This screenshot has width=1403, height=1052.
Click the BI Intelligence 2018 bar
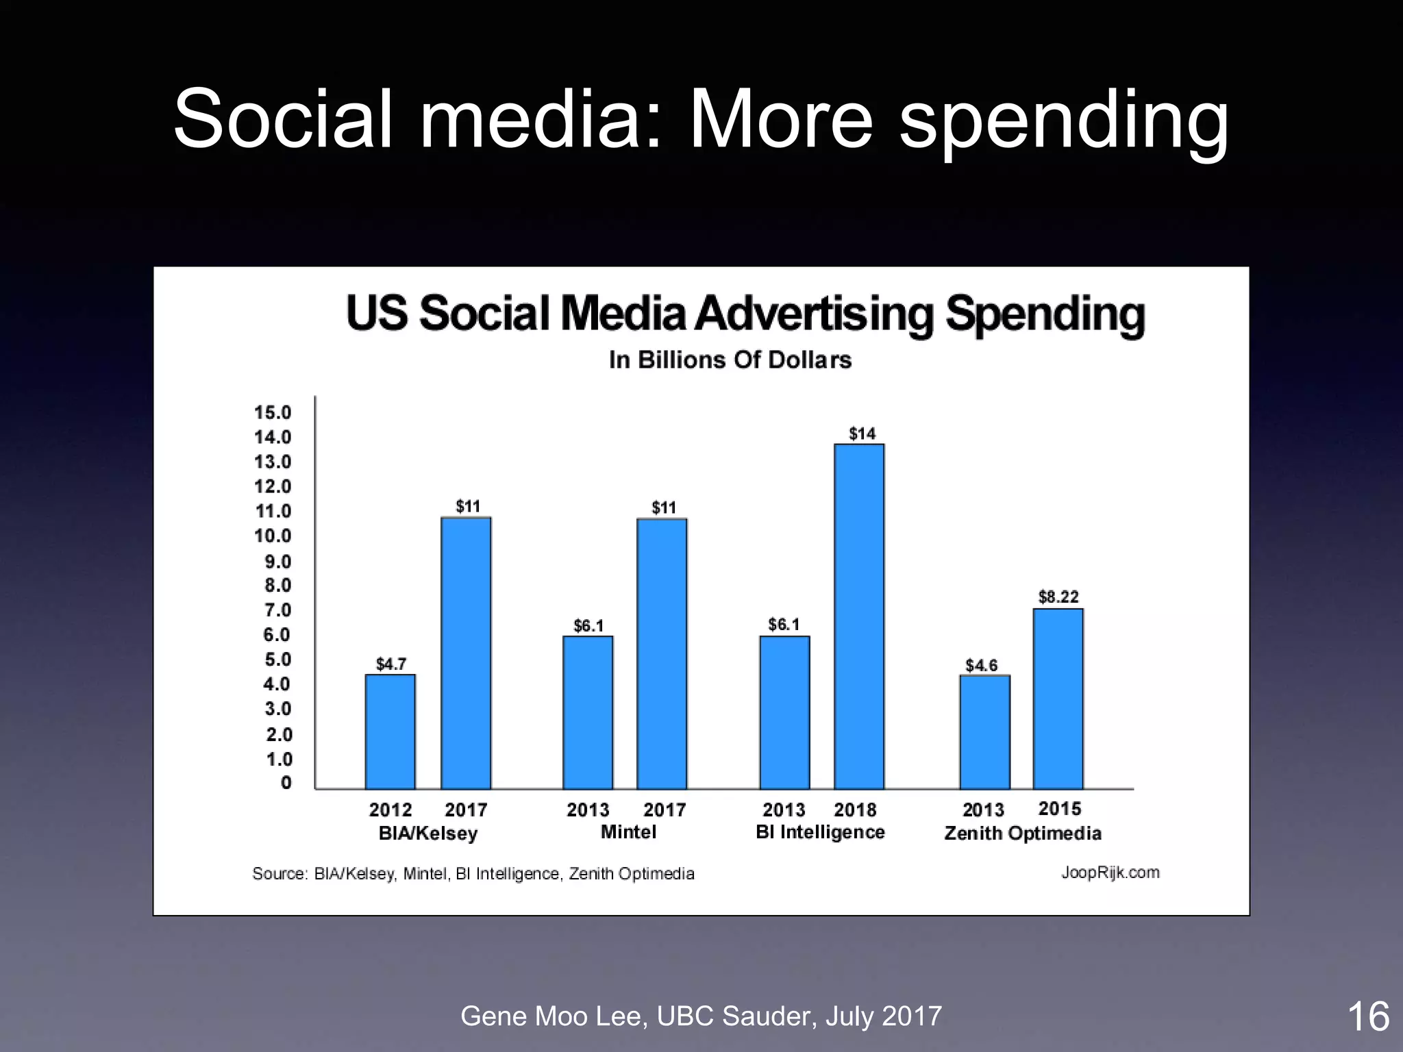tap(858, 616)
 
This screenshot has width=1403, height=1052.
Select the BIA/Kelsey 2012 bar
tap(390, 731)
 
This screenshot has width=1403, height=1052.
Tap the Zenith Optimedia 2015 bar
tap(1058, 699)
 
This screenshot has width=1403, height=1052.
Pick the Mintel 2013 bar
tap(588, 712)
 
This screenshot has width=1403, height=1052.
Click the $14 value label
tap(862, 434)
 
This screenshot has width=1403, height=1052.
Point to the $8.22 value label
tap(1058, 597)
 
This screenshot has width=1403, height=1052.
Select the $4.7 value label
tap(390, 664)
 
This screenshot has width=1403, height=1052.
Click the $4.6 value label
tap(981, 665)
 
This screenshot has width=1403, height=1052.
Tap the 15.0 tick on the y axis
tap(273, 412)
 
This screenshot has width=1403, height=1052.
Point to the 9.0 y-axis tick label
tap(277, 562)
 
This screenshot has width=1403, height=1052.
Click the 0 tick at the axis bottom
tap(286, 782)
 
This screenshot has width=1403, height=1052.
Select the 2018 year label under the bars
tap(855, 810)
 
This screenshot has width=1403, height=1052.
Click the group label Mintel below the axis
tap(628, 832)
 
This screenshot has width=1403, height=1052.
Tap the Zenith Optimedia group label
tap(1022, 834)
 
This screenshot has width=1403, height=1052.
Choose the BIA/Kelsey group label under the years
tap(428, 834)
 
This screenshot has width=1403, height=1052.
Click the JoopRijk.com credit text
tap(1110, 873)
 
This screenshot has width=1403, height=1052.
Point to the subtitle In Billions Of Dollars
tap(730, 360)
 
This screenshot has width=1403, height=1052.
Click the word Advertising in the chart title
tap(814, 314)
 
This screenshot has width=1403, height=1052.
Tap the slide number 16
tap(1368, 1016)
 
